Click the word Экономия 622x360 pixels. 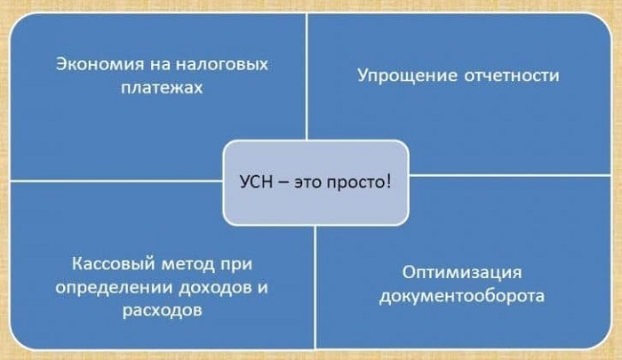coord(100,64)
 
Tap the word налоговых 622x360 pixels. coord(221,64)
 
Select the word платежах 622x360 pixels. coord(162,87)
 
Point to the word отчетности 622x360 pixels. coord(512,76)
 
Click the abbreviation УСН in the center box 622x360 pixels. coord(256,182)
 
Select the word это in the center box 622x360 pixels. coord(307,183)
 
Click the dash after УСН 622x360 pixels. coord(283,183)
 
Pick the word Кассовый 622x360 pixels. coord(114,264)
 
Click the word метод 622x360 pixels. coord(188,265)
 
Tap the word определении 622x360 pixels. coord(114,288)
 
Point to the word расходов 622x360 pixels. coord(163,311)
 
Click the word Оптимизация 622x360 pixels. coord(462,272)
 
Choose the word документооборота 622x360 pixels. coord(462,296)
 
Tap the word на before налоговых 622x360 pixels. coord(160,65)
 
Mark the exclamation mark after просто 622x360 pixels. coord(388,182)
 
